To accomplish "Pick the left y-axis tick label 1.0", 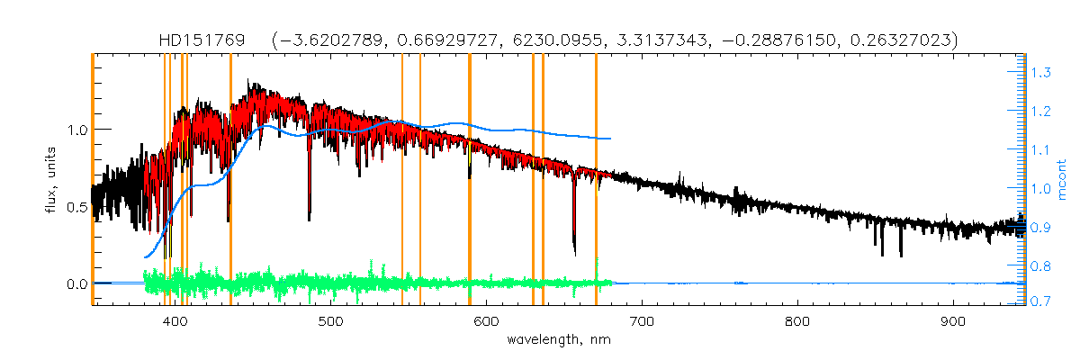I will tap(75, 130).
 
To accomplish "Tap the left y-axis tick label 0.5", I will tap(75, 207).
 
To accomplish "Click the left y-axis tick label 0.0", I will tap(75, 284).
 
